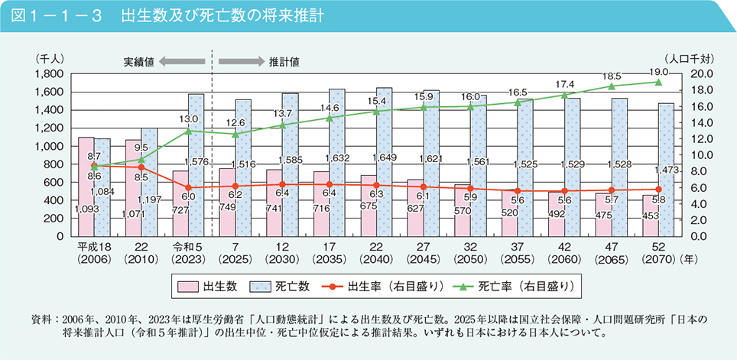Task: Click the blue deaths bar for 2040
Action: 384,161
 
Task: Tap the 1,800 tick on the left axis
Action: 47,74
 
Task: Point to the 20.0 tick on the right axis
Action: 702,74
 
